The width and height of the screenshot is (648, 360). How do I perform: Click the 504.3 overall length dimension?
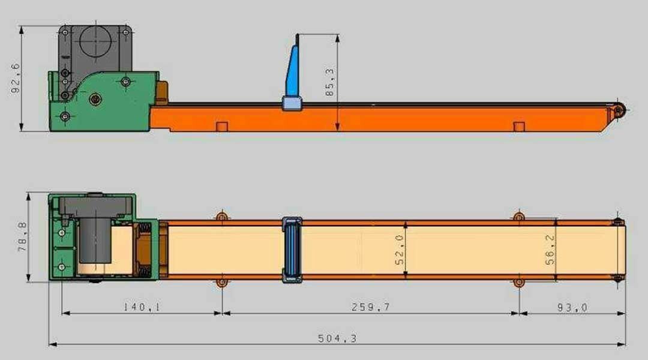tap(337, 338)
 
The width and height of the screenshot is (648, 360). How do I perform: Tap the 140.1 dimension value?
tap(142, 307)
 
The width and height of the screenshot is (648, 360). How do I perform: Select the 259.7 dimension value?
tap(370, 307)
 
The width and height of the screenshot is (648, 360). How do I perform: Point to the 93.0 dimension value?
tap(572, 308)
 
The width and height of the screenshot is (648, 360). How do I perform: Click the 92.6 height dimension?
tap(15, 79)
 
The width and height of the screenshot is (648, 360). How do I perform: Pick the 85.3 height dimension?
tap(330, 82)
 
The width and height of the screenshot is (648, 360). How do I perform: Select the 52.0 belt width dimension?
tap(399, 250)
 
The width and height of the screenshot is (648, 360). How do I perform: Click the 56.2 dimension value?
tap(550, 250)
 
